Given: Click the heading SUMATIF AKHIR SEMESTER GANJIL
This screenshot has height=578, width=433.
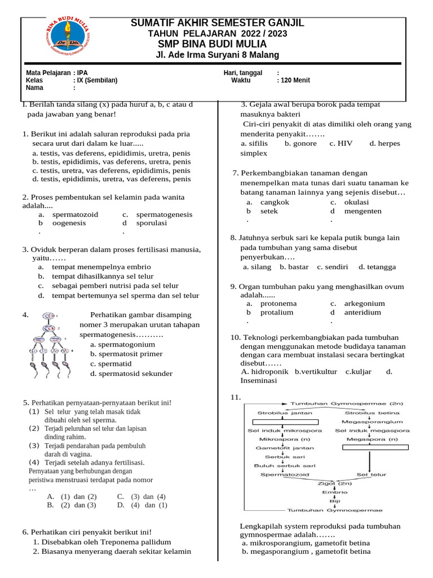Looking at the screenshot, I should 217,23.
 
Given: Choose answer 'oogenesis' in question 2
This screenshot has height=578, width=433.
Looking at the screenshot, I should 69,223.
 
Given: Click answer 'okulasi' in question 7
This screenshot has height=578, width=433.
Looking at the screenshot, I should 356,202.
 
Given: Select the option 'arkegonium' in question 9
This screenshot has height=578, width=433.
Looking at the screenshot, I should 364,303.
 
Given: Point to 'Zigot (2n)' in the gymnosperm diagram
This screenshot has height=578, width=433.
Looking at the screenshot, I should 335,483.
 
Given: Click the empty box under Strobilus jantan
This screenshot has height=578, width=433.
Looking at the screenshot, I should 285,422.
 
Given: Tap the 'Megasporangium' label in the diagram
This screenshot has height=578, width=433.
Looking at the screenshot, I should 373,421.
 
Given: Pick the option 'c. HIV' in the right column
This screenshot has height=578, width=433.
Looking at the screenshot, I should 341,143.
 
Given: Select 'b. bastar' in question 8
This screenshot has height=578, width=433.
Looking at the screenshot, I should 294,267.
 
